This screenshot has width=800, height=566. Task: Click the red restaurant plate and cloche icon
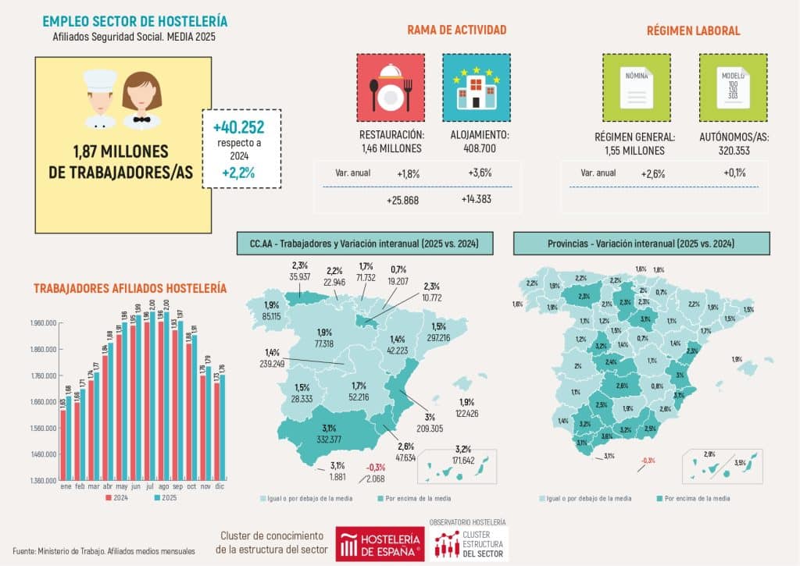[x=391, y=87]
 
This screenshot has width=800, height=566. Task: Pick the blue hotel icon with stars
[x=476, y=87]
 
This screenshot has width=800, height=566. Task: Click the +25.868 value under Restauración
[x=402, y=200]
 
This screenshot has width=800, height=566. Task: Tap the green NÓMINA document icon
[x=635, y=87]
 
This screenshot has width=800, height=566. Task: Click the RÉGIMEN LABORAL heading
[x=693, y=30]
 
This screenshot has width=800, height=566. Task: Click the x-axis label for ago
[x=162, y=486]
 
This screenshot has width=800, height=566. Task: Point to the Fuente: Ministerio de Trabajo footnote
[x=104, y=550]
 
